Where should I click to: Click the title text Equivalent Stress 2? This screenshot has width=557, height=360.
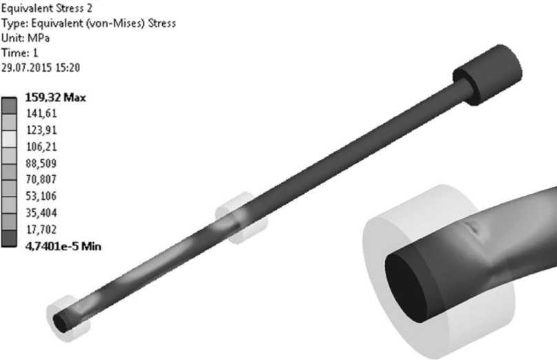[46, 8]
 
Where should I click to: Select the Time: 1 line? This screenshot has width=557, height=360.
[20, 53]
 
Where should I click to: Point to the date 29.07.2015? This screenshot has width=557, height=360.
[27, 68]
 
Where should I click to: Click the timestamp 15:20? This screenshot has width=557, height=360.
[68, 68]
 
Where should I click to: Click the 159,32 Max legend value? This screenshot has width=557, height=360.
[55, 97]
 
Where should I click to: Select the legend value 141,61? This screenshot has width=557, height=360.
[41, 113]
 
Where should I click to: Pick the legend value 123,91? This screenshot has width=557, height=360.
[41, 130]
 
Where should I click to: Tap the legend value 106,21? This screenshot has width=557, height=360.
[41, 147]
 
